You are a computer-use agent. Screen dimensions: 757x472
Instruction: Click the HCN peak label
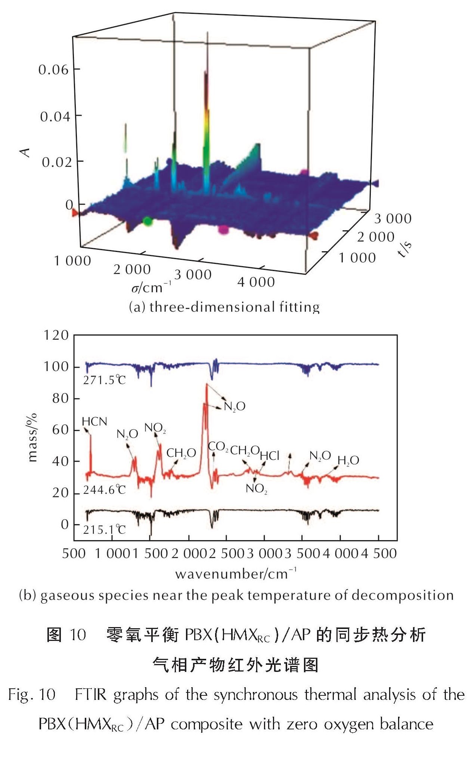pyautogui.click(x=94, y=421)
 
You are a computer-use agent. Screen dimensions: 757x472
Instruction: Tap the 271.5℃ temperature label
pyautogui.click(x=104, y=380)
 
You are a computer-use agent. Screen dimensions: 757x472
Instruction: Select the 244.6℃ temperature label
pyautogui.click(x=104, y=489)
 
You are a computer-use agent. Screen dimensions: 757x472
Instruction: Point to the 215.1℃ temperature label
pyautogui.click(x=104, y=529)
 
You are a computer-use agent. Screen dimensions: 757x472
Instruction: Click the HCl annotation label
pyautogui.click(x=270, y=455)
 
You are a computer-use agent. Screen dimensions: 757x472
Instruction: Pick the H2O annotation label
pyautogui.click(x=348, y=461)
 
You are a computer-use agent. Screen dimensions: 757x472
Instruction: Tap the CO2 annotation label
pyautogui.click(x=218, y=446)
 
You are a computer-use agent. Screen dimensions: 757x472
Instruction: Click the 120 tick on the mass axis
pyautogui.click(x=56, y=335)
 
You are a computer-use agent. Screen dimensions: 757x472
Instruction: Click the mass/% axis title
pyautogui.click(x=32, y=437)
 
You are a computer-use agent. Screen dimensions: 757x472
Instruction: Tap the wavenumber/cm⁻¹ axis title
pyautogui.click(x=236, y=573)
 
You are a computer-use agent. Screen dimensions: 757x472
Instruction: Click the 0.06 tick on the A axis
pyautogui.click(x=54, y=69)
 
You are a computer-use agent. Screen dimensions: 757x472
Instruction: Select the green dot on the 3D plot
pyautogui.click(x=148, y=221)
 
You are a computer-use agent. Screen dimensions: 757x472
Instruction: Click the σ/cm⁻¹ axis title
pyautogui.click(x=151, y=288)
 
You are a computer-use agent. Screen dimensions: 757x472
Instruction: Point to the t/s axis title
pyautogui.click(x=404, y=249)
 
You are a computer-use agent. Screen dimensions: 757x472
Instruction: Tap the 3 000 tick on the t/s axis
pyautogui.click(x=393, y=218)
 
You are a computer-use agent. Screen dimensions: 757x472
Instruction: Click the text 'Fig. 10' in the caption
pyautogui.click(x=32, y=695)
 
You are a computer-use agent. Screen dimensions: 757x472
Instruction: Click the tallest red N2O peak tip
pyautogui.click(x=206, y=384)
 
